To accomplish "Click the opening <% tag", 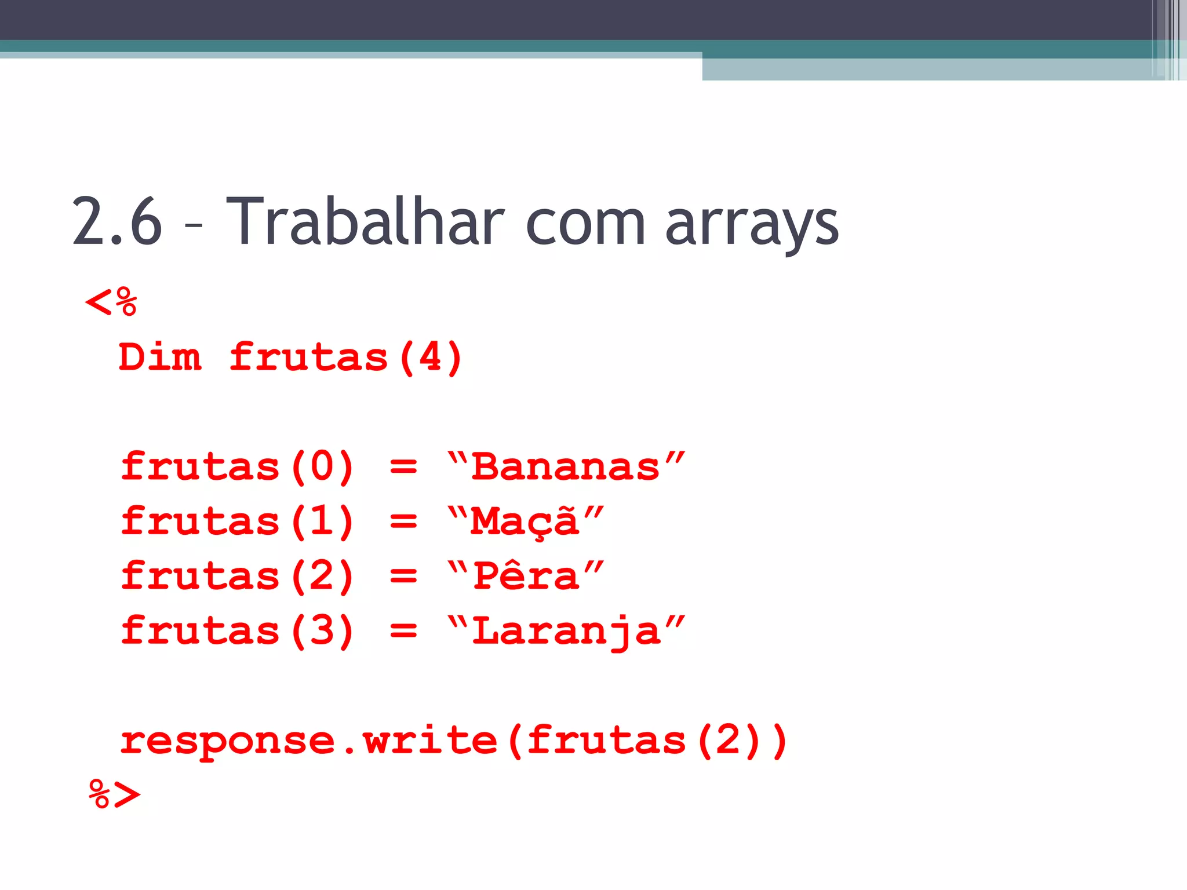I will (111, 302).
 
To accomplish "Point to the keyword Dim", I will (160, 357).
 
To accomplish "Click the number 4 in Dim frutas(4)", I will (431, 357).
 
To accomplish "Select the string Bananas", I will (566, 466).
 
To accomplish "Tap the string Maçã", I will (525, 521).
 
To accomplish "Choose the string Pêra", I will (526, 576).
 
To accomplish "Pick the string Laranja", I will (566, 631).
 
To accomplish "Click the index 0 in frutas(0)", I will (322, 466).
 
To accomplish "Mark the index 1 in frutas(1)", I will (322, 521).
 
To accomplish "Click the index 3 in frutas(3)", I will (322, 630).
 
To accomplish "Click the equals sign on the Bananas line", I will (403, 467).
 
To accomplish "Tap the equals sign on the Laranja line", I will (403, 631).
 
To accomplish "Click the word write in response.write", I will (429, 741).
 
